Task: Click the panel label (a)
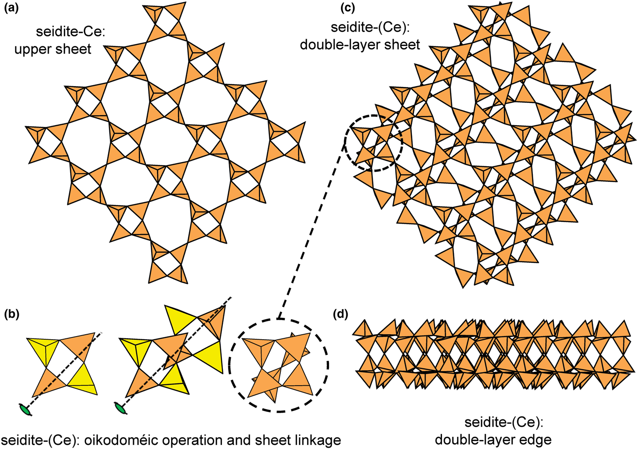point(11,8)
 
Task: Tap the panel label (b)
point(11,314)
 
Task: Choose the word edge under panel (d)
point(537,439)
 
